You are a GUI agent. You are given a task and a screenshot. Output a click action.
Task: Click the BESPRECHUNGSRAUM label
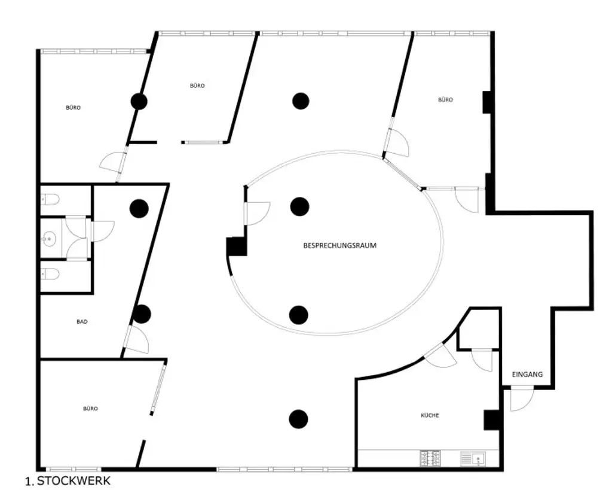click(339, 245)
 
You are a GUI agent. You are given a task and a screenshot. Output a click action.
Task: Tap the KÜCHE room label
click(430, 415)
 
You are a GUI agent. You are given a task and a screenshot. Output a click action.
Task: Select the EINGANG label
click(527, 375)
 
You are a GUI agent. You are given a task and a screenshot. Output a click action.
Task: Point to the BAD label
click(82, 322)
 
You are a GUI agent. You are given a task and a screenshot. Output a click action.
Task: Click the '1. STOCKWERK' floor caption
click(68, 480)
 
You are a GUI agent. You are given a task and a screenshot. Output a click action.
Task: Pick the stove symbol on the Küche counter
click(430, 458)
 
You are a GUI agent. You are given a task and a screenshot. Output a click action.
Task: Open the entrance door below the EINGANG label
click(521, 399)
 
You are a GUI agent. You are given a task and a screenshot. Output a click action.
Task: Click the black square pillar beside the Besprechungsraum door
click(236, 246)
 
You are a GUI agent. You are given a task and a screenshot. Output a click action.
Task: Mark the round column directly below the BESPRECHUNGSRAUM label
click(298, 314)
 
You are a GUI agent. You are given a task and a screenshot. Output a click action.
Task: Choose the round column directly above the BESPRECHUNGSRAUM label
click(299, 206)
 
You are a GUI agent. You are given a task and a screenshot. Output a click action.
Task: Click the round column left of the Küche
click(298, 419)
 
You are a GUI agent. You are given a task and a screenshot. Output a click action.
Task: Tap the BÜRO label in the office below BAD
click(90, 409)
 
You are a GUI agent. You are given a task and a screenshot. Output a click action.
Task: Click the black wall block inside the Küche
click(491, 420)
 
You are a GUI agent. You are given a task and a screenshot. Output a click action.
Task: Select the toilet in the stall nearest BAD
click(51, 275)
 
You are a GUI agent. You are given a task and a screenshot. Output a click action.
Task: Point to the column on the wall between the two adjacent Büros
click(139, 101)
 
